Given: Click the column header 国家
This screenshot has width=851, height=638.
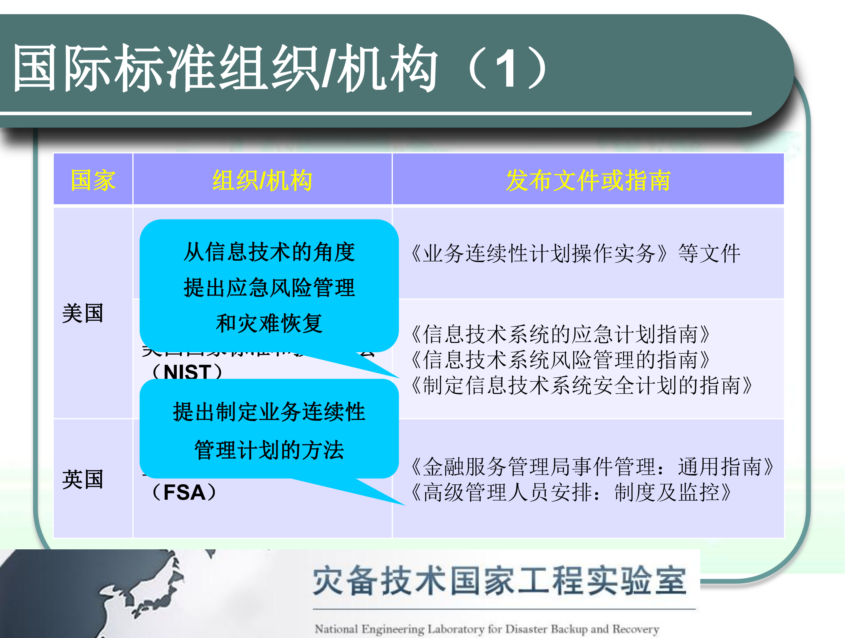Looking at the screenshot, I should click(x=93, y=180).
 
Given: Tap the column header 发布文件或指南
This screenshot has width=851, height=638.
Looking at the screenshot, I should click(x=588, y=180).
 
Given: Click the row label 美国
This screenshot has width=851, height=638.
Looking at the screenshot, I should click(x=83, y=313).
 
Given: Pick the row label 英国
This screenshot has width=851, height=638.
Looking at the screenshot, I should click(x=83, y=479).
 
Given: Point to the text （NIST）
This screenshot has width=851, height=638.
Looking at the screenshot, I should click(x=187, y=371).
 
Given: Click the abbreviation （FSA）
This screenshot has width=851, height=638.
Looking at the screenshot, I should click(x=184, y=492).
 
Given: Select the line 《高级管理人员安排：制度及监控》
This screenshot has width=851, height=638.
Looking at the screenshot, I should click(x=569, y=492).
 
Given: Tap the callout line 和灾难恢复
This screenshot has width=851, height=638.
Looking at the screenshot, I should click(x=269, y=323).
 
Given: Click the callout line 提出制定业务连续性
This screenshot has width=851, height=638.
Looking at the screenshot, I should click(x=269, y=412).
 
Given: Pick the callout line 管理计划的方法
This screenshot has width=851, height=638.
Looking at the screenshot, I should click(x=269, y=450).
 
